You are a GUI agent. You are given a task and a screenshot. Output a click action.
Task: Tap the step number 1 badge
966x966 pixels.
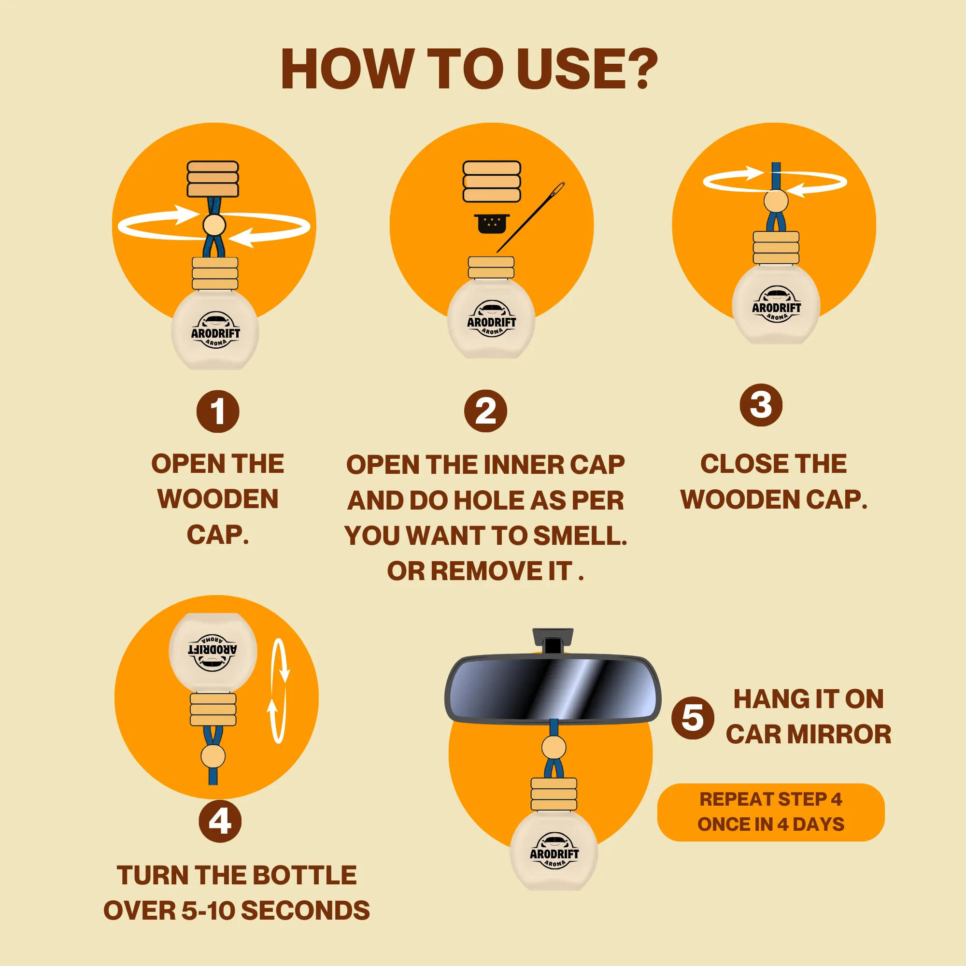(x=218, y=412)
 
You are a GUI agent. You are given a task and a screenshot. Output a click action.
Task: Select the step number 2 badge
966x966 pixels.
(x=485, y=412)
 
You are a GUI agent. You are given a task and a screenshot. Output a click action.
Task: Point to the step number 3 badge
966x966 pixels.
(x=761, y=405)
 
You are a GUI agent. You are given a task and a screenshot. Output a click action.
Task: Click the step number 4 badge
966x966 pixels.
(x=220, y=821)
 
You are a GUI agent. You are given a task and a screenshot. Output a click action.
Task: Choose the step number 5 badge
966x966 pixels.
(x=693, y=718)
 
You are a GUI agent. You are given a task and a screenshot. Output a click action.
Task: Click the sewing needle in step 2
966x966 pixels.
(x=531, y=217)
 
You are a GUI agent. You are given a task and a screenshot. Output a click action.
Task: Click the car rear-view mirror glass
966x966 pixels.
(x=553, y=688)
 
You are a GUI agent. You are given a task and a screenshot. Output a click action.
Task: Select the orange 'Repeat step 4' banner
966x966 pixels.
(x=771, y=812)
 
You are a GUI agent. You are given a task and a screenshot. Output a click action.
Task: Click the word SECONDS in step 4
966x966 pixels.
(x=306, y=910)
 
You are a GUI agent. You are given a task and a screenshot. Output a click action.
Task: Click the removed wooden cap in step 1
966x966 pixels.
(x=213, y=179)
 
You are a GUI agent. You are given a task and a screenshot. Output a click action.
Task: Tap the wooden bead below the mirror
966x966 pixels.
(x=554, y=748)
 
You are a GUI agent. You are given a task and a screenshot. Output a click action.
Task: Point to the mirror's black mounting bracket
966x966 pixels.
(x=553, y=641)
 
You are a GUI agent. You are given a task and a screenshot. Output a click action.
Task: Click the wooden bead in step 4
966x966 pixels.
(x=213, y=756)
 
